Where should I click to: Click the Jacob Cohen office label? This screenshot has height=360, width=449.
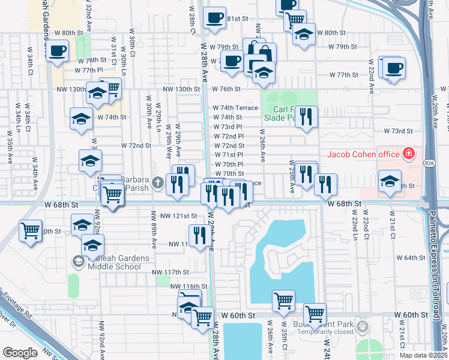tap(363, 154)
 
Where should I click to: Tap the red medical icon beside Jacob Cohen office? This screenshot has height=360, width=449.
tap(409, 154)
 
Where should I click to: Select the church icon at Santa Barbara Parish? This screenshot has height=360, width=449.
tap(158, 182)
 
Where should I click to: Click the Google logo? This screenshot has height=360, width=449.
tap(19, 353)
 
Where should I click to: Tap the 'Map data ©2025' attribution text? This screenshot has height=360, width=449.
tap(423, 355)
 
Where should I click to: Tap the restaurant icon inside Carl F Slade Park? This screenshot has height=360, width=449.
tap(306, 119)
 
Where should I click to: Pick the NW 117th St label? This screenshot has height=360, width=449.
tap(170, 272)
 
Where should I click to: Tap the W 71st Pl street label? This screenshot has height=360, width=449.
tap(229, 155)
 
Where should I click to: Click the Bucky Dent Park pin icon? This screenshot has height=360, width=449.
tap(361, 326)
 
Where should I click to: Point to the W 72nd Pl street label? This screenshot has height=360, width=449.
tap(229, 136)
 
